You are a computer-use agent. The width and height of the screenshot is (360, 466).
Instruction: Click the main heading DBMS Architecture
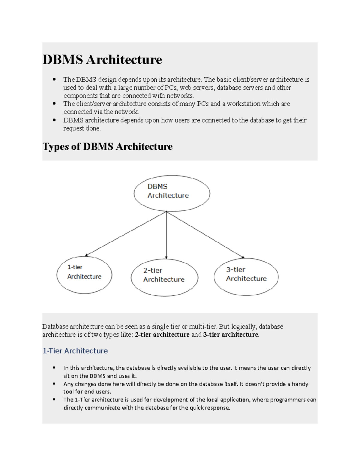click(x=102, y=59)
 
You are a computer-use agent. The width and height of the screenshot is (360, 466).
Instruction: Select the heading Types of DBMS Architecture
click(x=107, y=146)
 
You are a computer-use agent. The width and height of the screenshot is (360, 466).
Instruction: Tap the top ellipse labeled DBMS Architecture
click(x=172, y=193)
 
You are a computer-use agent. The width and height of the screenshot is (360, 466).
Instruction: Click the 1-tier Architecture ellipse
click(x=84, y=275)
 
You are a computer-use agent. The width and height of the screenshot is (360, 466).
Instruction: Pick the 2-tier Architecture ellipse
click(x=164, y=278)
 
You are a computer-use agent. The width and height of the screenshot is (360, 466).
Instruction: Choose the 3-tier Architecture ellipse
click(x=246, y=277)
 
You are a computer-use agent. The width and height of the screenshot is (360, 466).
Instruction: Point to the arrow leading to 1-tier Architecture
click(x=126, y=234)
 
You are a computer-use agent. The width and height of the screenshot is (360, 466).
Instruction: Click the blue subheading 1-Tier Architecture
click(x=75, y=351)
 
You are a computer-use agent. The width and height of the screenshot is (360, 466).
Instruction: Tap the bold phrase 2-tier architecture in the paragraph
click(x=162, y=335)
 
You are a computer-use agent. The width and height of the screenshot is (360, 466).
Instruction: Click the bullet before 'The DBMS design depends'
click(x=54, y=80)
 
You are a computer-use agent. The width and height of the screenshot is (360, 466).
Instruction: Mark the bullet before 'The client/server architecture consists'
click(x=54, y=104)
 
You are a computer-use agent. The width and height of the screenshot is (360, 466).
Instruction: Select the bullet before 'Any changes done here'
click(x=54, y=384)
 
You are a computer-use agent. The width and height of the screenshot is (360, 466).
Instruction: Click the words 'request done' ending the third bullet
click(x=82, y=128)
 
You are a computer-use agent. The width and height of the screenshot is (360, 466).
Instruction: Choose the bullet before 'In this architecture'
click(x=54, y=368)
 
